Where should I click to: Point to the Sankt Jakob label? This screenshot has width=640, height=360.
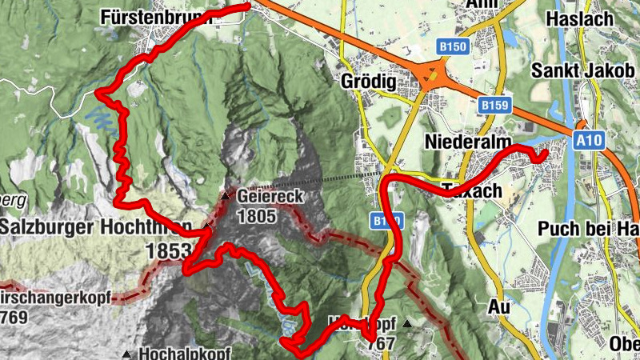click(x=586, y=70)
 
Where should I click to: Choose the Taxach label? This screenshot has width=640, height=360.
click(x=472, y=191)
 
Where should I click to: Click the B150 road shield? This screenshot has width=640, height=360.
click(x=453, y=47)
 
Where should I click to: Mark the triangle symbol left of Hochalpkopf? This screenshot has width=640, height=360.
click(x=126, y=354)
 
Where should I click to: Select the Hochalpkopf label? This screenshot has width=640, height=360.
click(x=185, y=353)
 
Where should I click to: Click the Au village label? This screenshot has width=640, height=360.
click(x=498, y=306)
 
